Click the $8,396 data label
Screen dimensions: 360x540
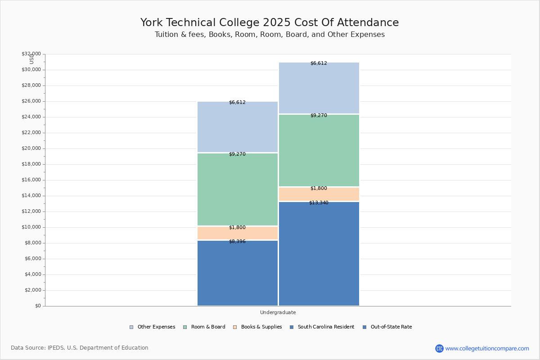(x=237, y=242)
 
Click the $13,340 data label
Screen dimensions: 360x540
(x=319, y=203)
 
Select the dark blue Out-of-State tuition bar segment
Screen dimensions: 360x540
(x=319, y=254)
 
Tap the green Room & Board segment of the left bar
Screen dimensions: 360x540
(x=238, y=189)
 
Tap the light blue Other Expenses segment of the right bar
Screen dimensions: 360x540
(x=319, y=88)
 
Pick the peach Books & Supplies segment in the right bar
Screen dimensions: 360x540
(x=319, y=194)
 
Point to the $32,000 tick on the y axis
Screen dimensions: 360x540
(x=31, y=54)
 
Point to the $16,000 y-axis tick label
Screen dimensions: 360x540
(x=31, y=180)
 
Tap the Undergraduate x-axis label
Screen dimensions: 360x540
(x=278, y=312)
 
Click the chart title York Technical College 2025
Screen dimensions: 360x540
(x=269, y=23)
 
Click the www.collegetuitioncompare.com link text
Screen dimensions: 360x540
(x=487, y=348)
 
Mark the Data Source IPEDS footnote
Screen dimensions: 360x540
(x=80, y=348)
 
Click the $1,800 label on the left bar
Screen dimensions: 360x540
(x=237, y=228)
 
